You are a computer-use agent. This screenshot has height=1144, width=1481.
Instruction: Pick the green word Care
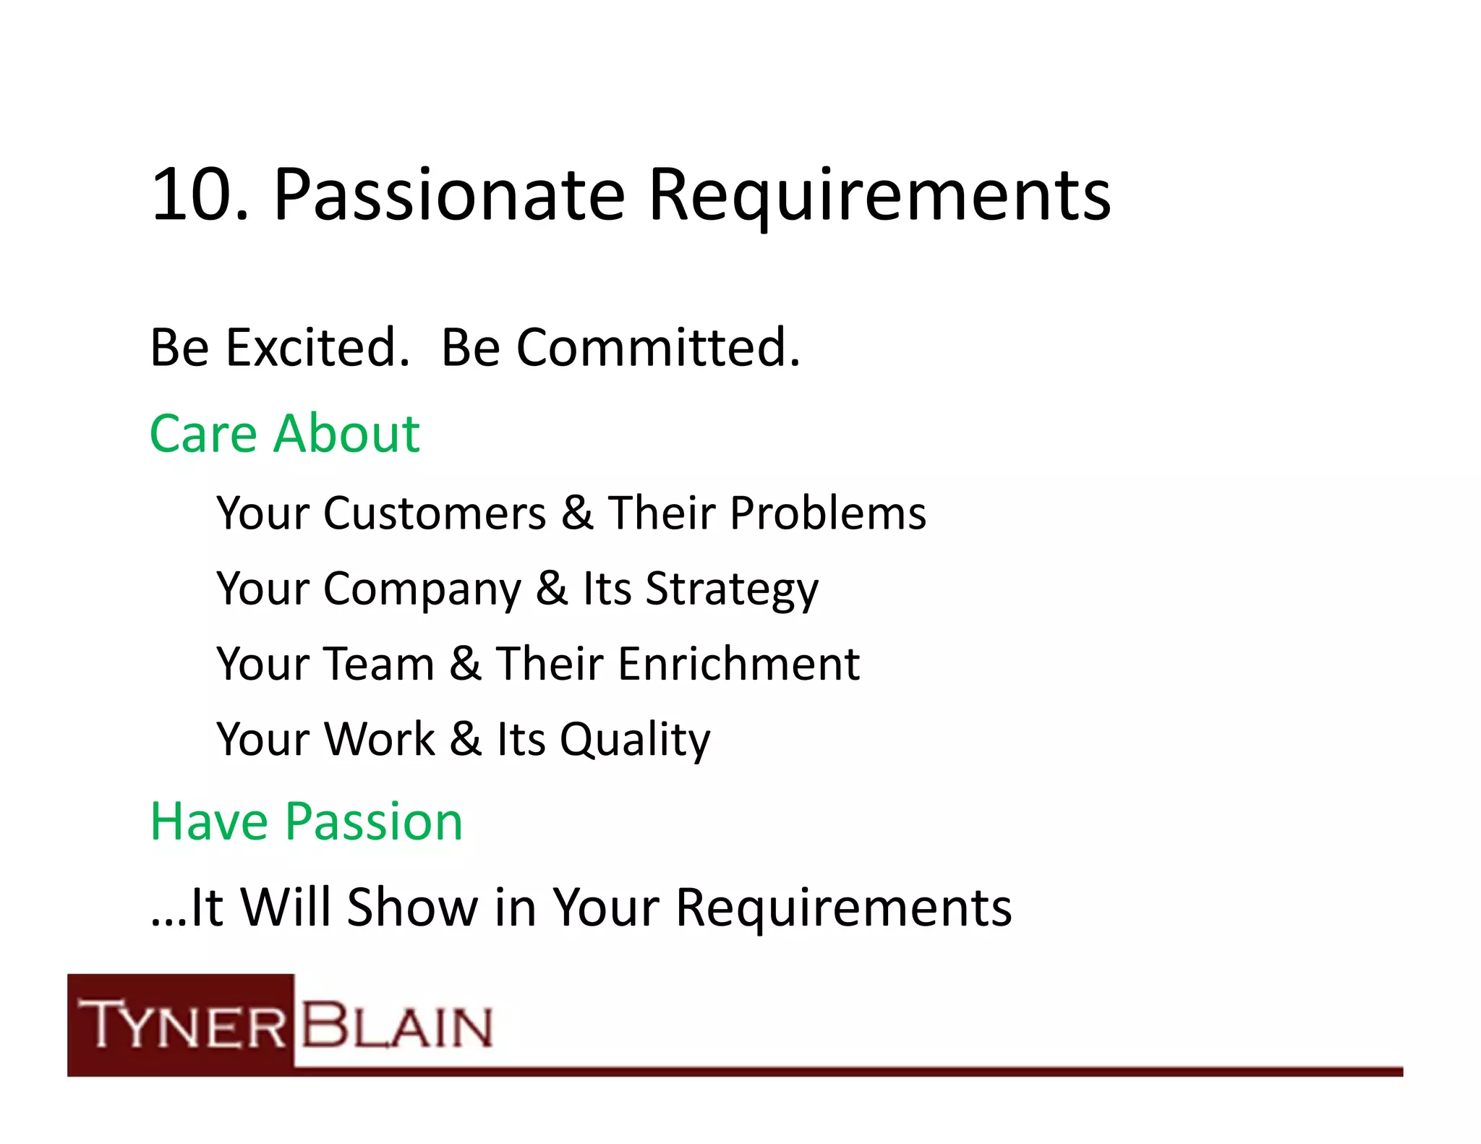coord(203,434)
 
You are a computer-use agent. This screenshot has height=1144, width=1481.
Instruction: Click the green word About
coord(347,434)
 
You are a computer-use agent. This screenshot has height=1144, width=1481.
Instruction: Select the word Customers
coord(435,513)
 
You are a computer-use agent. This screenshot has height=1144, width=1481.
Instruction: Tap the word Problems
coord(828,513)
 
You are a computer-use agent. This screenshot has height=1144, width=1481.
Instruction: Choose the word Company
coord(422,590)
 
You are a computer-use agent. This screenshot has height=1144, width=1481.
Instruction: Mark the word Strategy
coord(732,590)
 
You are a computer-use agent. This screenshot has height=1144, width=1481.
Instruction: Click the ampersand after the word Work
coord(465,739)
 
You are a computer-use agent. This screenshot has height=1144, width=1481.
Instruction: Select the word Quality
coord(635,740)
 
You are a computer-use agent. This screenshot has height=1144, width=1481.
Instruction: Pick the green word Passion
coord(374,822)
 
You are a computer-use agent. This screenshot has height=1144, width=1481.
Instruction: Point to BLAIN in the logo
coord(396,1025)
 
